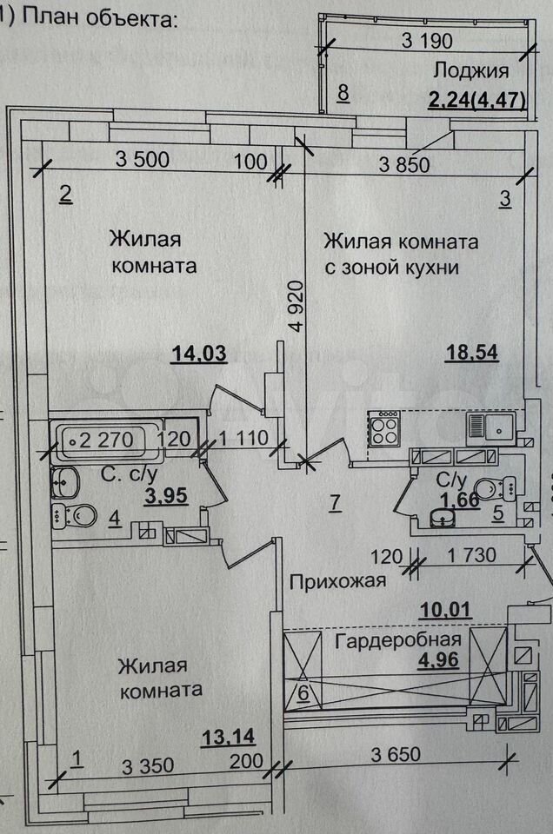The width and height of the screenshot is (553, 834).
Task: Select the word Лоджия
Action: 471,71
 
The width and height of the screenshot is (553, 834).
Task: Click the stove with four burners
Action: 386,428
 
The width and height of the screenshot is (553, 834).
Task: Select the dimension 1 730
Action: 471,553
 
